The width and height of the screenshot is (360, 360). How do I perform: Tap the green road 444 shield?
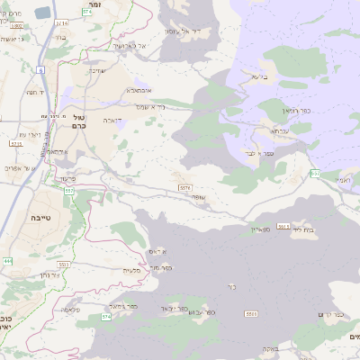pos(8,261)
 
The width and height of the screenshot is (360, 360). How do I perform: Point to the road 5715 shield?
pos(15,143)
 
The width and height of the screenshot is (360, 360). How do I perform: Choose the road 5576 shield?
pos(184,187)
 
